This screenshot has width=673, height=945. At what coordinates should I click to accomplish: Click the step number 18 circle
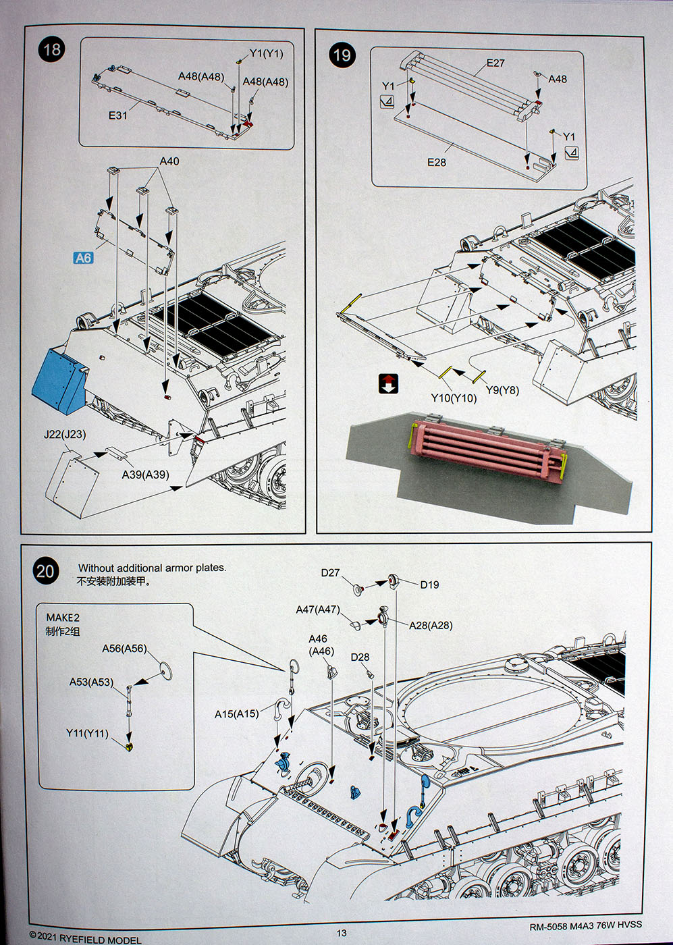(51, 49)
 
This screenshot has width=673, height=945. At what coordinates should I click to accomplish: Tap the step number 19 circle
(342, 55)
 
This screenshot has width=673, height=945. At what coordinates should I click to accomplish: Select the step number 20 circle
(45, 572)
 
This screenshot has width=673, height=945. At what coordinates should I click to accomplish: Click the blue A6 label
(82, 258)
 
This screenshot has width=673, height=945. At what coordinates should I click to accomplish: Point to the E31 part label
(118, 115)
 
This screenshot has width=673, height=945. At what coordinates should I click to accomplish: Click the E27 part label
(495, 63)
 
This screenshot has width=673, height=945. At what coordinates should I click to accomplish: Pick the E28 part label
(436, 162)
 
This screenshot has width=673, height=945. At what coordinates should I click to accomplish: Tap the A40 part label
(169, 161)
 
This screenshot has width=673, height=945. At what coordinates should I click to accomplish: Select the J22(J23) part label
(65, 435)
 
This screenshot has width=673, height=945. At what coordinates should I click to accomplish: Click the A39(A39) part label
(145, 475)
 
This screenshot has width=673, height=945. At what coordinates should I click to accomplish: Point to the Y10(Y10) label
(454, 398)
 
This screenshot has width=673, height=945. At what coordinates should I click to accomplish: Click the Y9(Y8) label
(502, 390)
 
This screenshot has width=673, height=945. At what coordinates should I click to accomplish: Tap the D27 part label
(330, 572)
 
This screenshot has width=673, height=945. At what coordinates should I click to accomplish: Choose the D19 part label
(429, 585)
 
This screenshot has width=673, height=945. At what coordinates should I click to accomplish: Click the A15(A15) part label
(236, 713)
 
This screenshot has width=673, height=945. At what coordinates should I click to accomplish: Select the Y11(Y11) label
(87, 733)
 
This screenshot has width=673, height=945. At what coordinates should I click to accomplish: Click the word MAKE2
(63, 618)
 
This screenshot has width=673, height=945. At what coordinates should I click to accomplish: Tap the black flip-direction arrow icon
(389, 383)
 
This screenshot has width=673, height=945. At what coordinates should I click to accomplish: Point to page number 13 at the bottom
(342, 933)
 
